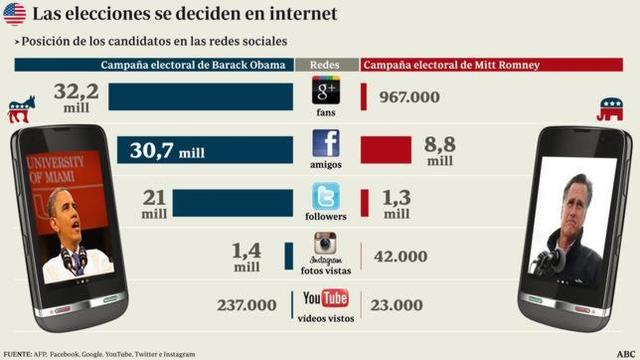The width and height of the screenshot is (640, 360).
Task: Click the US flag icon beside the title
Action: click(14, 14)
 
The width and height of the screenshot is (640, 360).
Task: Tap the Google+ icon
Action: click(326, 92)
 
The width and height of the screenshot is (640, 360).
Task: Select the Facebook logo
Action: click(326, 143)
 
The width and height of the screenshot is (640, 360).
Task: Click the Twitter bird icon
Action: click(326, 195)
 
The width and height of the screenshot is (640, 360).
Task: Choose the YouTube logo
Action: click(326, 299)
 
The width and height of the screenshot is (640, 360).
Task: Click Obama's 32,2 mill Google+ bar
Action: click(200, 96)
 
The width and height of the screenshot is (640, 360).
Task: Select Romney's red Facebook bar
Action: click(385, 149)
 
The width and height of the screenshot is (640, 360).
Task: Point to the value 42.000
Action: click(400, 257)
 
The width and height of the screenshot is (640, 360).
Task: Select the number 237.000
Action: click(246, 305)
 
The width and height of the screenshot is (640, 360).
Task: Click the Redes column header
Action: click(326, 65)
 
